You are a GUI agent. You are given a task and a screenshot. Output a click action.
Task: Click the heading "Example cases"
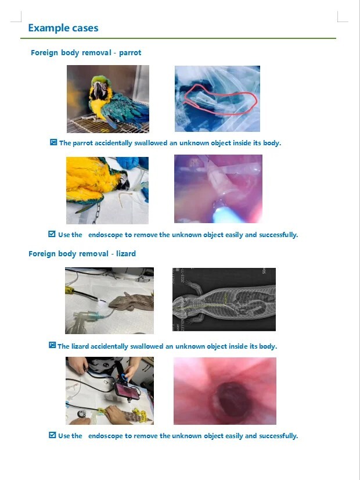(63, 28)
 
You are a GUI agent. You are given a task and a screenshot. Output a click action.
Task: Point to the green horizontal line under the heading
(178, 38)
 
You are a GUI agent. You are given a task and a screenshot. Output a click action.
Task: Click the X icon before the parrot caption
(53, 142)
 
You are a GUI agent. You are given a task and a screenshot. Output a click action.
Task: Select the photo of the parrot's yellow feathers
(107, 190)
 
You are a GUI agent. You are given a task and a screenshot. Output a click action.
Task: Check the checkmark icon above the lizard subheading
(52, 234)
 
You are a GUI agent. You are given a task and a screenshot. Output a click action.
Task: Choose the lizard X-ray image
(224, 299)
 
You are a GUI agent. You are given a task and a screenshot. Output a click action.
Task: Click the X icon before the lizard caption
(52, 346)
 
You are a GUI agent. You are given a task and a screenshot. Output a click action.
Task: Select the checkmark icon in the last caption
(52, 435)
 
